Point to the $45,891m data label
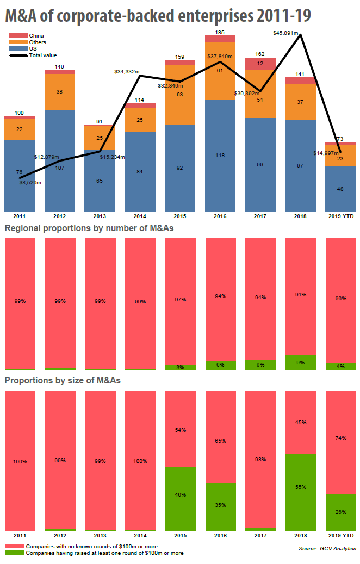285,34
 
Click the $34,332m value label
127,71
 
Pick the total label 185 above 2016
220,33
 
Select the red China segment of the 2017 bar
260,64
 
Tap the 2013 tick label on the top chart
100,216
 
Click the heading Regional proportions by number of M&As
89,228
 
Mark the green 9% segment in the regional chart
300,362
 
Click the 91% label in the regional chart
300,295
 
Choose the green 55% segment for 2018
300,492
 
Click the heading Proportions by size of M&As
63,380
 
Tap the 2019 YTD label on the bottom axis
340,536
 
